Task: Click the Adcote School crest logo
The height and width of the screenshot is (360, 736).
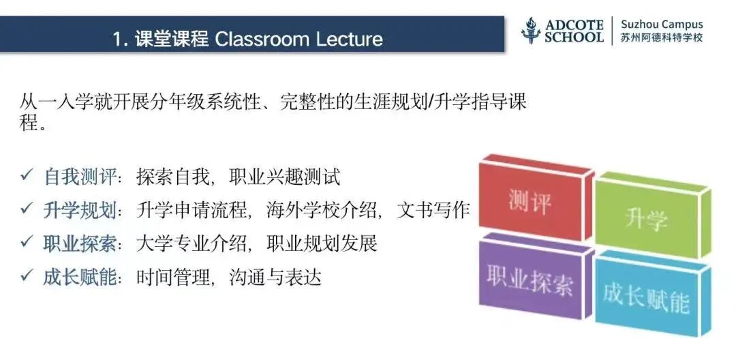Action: [531, 31]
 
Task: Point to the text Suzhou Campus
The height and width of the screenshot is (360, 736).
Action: [661, 24]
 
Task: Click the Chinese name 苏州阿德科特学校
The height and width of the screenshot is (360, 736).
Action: [661, 38]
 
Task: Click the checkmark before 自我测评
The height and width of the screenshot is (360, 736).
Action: [27, 177]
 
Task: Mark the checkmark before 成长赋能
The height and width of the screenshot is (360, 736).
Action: [27, 276]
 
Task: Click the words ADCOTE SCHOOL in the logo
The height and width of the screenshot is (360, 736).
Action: [574, 31]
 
